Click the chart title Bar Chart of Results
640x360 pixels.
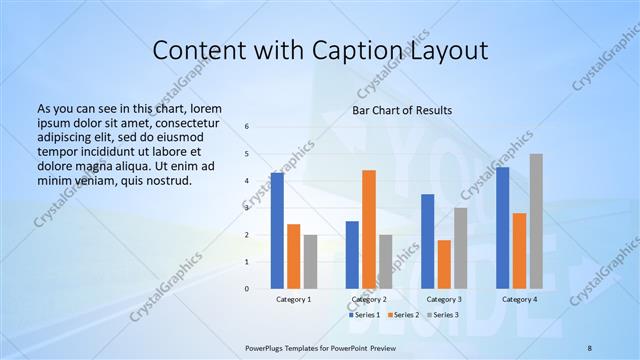(401, 110)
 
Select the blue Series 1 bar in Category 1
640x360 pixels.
(277, 231)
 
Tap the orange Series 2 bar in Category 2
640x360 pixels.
(369, 229)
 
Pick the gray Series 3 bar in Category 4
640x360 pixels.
(536, 221)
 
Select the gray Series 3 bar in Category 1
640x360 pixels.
(310, 262)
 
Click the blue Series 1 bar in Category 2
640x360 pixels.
(352, 255)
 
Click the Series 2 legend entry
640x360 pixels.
(404, 315)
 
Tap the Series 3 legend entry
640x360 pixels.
(443, 315)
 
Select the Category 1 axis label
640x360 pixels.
(293, 299)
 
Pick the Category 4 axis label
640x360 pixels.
(519, 299)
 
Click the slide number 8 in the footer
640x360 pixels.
(590, 348)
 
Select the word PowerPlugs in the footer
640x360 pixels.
(267, 348)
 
